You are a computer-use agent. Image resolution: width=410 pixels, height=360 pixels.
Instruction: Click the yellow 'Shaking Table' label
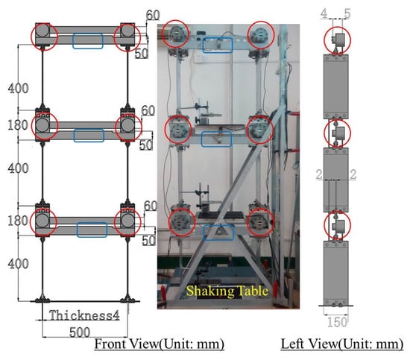pos(227,291)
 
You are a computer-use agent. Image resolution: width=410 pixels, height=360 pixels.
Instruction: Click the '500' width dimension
pos(80,332)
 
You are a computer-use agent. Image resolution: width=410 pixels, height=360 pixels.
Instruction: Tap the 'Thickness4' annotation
pos(84,315)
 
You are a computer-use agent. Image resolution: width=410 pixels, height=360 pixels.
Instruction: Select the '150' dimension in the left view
pos(337,322)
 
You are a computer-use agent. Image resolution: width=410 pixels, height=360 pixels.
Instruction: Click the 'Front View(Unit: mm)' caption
pos(160,344)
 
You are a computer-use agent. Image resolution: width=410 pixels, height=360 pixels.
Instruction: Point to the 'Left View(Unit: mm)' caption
pos(342,344)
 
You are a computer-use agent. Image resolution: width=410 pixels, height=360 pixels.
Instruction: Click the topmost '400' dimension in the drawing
pos(18,89)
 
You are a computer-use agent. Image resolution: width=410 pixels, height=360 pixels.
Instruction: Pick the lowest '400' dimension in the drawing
pos(18,264)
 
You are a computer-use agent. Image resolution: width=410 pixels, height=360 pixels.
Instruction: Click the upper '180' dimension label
pos(18,125)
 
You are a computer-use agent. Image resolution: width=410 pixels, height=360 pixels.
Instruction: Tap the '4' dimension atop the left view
pos(324,13)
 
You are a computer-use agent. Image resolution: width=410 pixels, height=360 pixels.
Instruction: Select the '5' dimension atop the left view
pos(347,13)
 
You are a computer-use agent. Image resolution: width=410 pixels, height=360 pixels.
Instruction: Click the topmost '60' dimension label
pos(153,15)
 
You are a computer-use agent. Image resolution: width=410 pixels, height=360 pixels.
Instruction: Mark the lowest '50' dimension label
pos(148,240)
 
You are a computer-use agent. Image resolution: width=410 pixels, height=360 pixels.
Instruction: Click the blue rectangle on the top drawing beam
pos(88,41)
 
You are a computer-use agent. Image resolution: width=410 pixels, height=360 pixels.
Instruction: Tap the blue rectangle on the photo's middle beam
pos(216,139)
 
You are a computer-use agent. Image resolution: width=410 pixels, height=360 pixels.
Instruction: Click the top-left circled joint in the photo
pos(175,34)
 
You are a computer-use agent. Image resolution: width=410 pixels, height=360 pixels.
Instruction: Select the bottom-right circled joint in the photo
pos(260,221)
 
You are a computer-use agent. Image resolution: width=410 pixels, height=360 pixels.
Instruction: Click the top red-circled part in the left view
pos(337,40)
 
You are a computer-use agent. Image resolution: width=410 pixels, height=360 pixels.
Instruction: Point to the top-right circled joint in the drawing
pos(127,37)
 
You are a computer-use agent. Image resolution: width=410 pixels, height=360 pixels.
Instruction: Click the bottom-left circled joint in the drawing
pos(43,222)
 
